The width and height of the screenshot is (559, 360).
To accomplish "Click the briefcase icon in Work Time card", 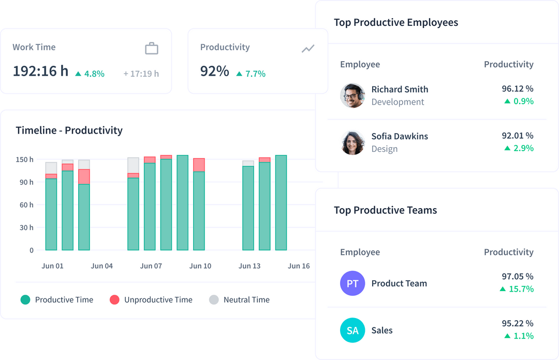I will tap(152, 49).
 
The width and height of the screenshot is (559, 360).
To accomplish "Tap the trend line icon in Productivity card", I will tap(308, 49).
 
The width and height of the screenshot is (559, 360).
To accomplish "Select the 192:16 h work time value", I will tap(40, 71).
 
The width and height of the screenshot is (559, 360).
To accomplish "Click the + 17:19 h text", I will tap(141, 74).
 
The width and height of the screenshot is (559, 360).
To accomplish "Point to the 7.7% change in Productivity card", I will tap(251, 74).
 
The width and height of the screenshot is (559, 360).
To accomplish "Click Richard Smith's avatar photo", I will tap(352, 95).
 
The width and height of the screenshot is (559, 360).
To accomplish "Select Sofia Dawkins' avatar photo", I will tap(352, 142).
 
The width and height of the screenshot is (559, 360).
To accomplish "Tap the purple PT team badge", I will tap(352, 283).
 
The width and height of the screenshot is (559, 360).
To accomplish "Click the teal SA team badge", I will tap(352, 330).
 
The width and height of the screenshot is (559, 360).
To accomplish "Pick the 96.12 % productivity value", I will tap(517, 89).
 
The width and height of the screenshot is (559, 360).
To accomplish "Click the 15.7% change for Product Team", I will tap(517, 289).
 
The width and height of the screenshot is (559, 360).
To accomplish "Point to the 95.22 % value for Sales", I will tap(517, 323).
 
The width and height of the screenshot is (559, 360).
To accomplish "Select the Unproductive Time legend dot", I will tap(115, 299).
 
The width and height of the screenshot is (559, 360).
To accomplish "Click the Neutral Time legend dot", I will tap(214, 299).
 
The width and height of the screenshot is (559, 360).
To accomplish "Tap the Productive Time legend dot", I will tap(25, 299).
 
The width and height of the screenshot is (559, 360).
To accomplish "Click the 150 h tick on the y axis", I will tap(24, 160).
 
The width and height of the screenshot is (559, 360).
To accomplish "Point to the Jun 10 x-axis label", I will tap(200, 266).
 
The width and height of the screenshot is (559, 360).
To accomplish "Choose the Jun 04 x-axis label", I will tap(101, 266).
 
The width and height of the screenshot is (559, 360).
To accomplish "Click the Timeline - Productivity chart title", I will tap(69, 130).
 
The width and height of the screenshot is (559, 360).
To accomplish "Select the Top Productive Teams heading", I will tap(385, 210).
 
